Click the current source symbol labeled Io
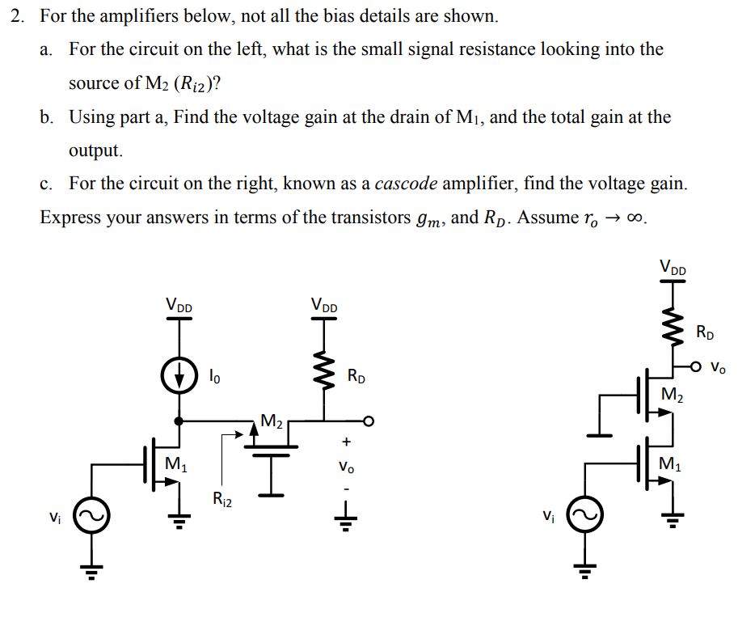179,377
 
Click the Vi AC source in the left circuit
90,516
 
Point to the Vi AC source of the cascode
587,516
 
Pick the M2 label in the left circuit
272,421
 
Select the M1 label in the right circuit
671,464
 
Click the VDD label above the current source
179,305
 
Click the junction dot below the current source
179,421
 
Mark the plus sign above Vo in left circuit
347,442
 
